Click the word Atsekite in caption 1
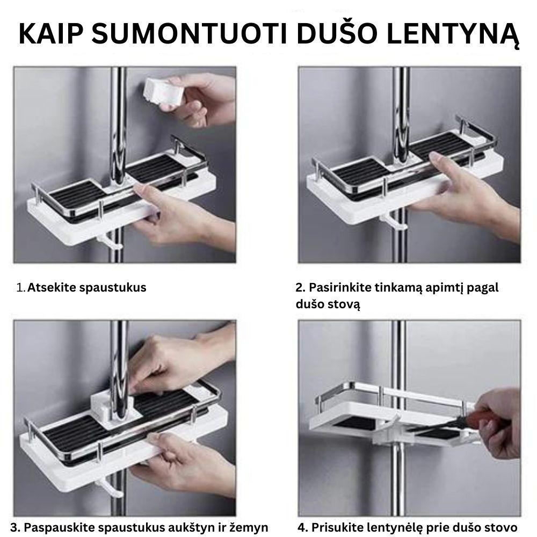tap(52, 287)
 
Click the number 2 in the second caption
tap(299, 287)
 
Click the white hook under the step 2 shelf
tap(388, 217)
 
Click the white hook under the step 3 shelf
tap(106, 487)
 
